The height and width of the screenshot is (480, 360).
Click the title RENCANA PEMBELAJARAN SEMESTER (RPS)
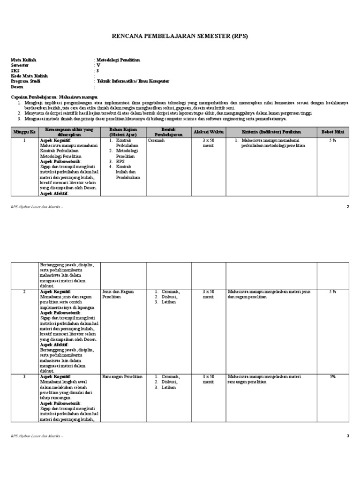180,36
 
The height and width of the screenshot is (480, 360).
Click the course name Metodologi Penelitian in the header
118,60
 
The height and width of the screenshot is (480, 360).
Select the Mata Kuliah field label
23,60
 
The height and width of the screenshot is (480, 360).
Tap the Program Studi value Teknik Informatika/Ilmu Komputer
133,81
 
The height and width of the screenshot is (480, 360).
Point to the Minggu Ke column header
24,132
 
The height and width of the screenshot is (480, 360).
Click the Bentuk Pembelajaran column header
168,132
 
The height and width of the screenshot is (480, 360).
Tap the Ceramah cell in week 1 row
156,141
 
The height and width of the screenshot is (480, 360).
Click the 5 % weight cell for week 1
332,141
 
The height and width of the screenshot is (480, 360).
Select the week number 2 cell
24,292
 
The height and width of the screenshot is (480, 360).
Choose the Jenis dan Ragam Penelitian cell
118,294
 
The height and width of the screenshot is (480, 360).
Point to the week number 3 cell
24,376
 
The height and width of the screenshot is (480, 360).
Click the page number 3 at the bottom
348,436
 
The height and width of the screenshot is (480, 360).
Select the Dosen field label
17,87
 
